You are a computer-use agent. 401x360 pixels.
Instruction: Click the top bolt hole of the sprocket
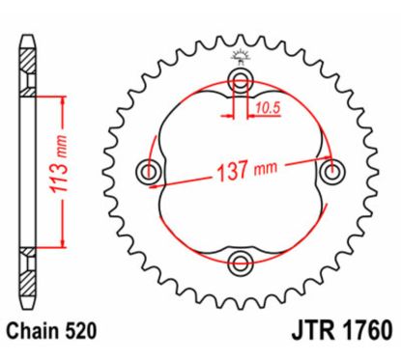(x=239, y=80)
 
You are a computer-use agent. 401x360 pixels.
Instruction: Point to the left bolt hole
(x=150, y=173)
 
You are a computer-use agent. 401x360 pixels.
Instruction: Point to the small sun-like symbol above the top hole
(x=239, y=57)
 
